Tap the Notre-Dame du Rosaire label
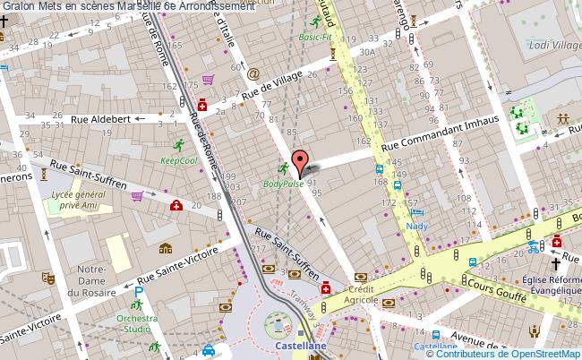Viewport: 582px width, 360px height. (92, 279)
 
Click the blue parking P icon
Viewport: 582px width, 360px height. (139, 293)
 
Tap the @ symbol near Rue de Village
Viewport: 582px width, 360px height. (253, 73)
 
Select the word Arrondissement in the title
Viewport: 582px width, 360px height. (213, 6)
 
